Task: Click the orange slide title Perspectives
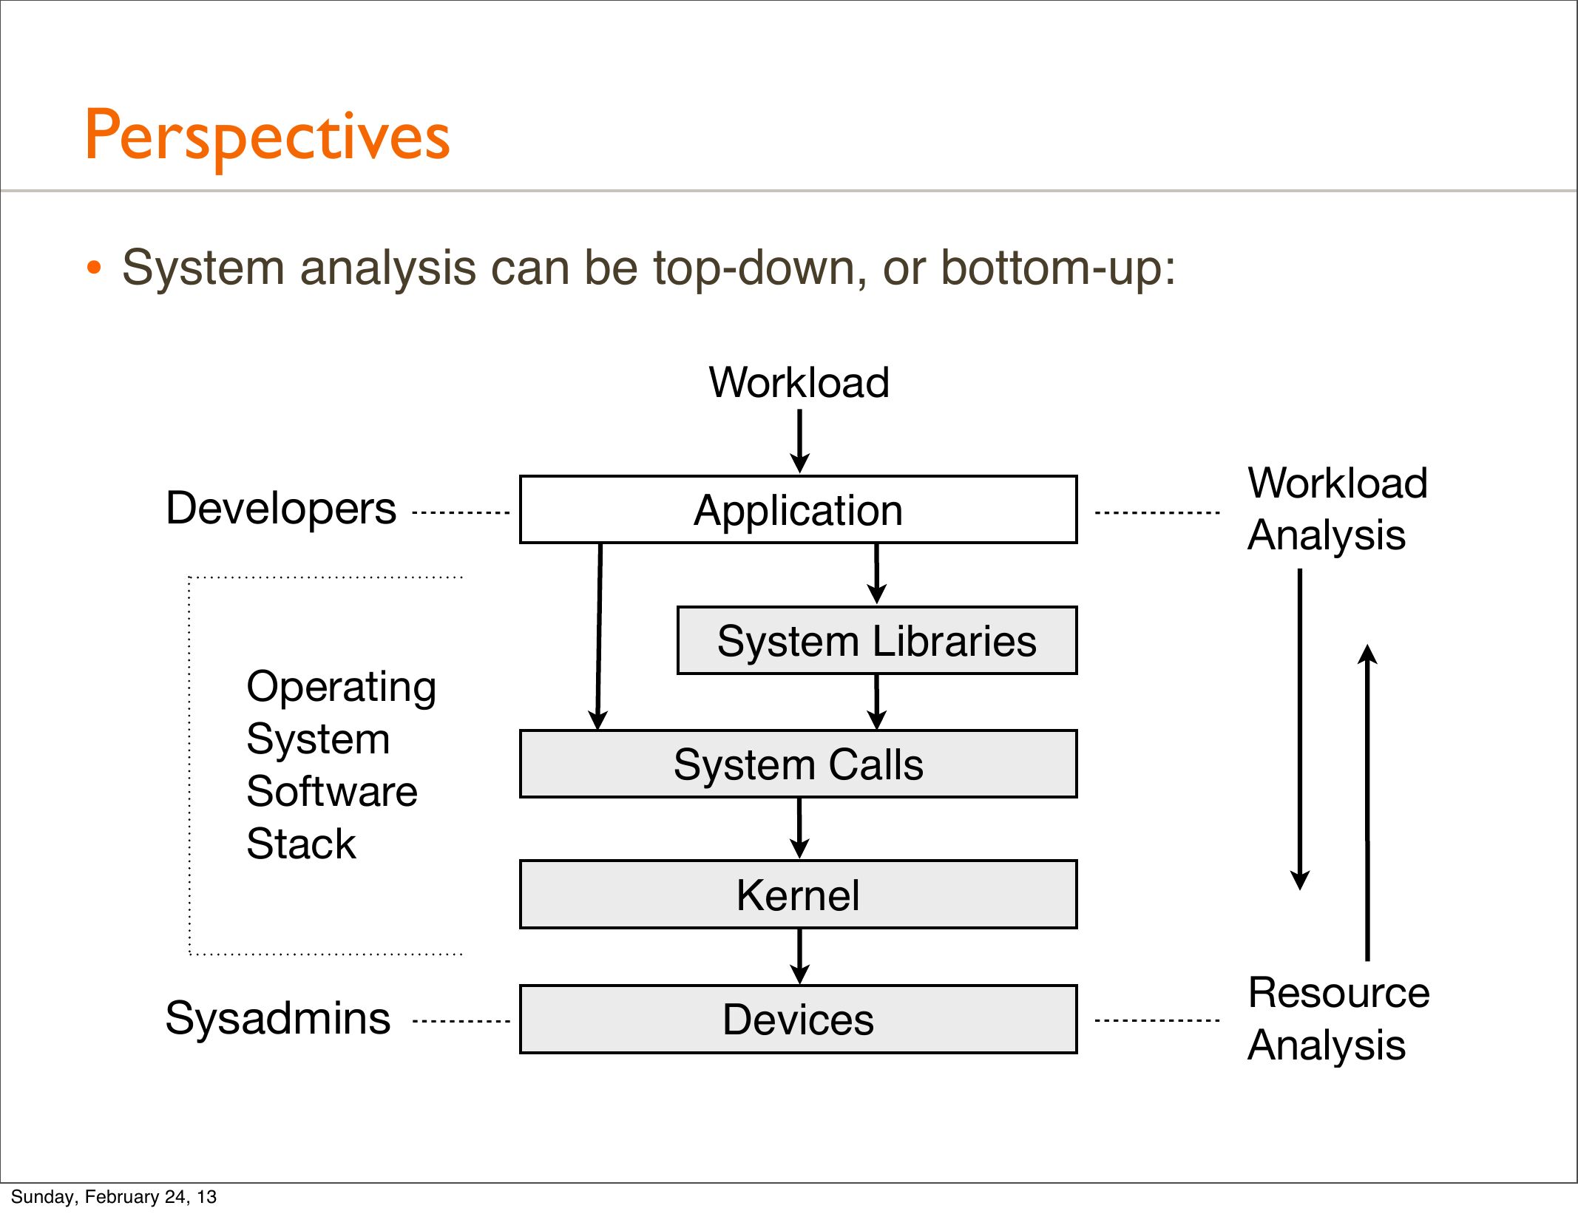coord(267,137)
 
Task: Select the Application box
coord(798,510)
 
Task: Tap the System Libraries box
coord(876,640)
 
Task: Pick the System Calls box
coord(798,764)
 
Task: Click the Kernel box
coord(798,895)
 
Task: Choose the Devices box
coord(798,1019)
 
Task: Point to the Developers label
coord(281,509)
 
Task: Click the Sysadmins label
coord(278,1018)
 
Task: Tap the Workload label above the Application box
coord(799,382)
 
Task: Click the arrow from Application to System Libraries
coord(876,574)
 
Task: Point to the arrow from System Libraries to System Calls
coord(876,702)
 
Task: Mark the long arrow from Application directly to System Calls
coord(599,636)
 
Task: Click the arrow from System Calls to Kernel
coord(799,828)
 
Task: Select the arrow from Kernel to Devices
coord(799,956)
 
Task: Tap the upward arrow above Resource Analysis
coord(1367,802)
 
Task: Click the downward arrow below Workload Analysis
coord(1300,728)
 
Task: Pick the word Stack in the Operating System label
coord(301,844)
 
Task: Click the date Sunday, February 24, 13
coord(114,1197)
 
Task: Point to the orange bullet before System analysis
coord(93,268)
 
